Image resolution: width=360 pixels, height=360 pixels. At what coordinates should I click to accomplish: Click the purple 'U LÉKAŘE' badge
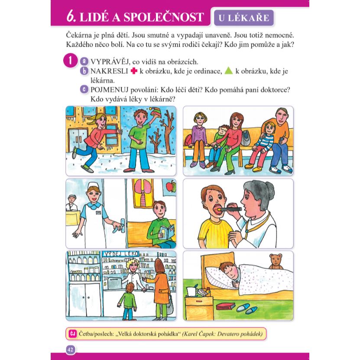(x=244, y=18)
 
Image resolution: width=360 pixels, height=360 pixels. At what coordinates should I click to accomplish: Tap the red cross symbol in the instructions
(x=134, y=71)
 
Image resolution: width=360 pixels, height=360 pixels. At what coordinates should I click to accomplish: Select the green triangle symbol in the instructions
(x=229, y=71)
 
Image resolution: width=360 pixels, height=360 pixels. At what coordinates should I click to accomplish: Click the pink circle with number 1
(x=70, y=61)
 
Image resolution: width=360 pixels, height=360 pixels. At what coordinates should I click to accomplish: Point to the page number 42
(x=70, y=350)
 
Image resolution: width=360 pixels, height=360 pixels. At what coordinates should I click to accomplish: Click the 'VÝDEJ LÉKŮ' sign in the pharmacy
(x=121, y=254)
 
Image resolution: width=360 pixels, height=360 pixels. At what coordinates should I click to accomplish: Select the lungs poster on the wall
(x=143, y=193)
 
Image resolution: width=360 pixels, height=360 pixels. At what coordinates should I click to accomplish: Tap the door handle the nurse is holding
(x=122, y=225)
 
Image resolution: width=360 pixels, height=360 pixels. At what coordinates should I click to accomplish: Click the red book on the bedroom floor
(x=226, y=306)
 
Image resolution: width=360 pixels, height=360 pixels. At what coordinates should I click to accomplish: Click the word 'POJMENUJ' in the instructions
(x=109, y=90)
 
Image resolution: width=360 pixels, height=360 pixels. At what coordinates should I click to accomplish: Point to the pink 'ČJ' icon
(x=72, y=334)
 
